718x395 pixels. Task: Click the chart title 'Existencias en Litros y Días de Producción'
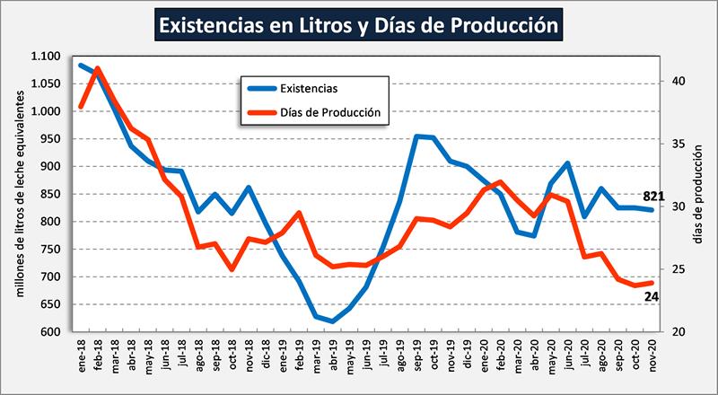click(358, 24)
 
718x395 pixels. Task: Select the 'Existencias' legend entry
click(309, 88)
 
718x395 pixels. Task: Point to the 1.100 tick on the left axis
click(47, 57)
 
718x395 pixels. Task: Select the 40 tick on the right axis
click(678, 81)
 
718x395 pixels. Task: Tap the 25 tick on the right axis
click(678, 269)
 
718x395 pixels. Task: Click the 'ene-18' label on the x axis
click(81, 355)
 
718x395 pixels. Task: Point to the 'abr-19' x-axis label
click(333, 355)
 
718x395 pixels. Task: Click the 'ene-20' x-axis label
click(484, 355)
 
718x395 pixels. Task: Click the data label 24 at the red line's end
click(652, 296)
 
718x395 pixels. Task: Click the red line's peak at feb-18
click(98, 68)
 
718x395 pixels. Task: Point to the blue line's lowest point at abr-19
click(333, 321)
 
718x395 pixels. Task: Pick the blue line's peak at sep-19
click(416, 136)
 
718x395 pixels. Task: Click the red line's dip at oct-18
click(232, 268)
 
